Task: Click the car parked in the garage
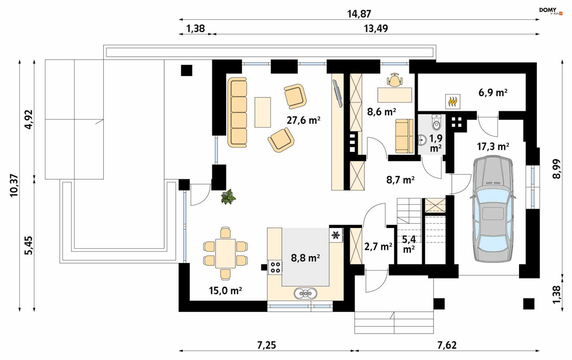tap(493, 209)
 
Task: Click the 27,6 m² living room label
tap(303, 120)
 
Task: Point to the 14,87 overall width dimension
tap(359, 14)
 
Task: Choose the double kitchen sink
tap(305, 293)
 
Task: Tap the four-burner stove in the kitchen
tap(275, 267)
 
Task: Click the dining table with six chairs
tap(225, 254)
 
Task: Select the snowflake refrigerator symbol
tap(336, 235)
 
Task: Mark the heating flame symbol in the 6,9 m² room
tap(453, 101)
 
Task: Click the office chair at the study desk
tap(395, 80)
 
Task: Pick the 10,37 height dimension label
tap(14, 185)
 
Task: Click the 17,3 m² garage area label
tap(493, 146)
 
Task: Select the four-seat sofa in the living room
tap(237, 112)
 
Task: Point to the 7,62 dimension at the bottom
tap(447, 345)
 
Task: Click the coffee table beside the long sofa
tap(263, 112)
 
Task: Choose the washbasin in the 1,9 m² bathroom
tap(422, 140)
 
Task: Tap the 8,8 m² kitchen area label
tap(305, 258)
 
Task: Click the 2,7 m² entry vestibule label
tap(378, 246)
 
